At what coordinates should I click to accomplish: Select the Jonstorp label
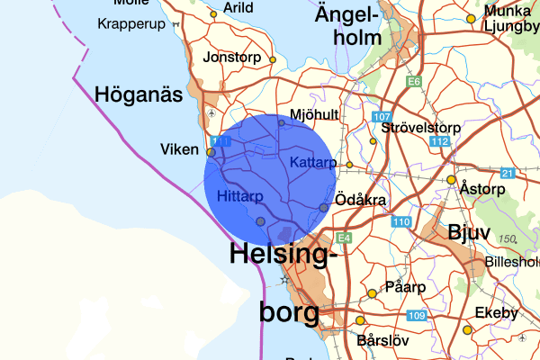click(233, 56)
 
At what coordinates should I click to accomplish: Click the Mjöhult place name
click(314, 115)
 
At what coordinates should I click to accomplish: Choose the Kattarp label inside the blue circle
click(314, 162)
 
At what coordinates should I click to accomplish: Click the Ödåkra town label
click(361, 199)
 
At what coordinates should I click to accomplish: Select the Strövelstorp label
click(420, 128)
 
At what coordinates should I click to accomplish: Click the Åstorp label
click(485, 190)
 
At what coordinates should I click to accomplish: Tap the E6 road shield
click(414, 82)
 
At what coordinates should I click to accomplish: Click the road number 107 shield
click(382, 118)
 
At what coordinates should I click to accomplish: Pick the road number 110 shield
click(401, 222)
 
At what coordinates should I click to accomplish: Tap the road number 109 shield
click(416, 315)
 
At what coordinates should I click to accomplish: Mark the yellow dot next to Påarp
click(371, 293)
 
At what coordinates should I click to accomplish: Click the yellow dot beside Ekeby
click(467, 330)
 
